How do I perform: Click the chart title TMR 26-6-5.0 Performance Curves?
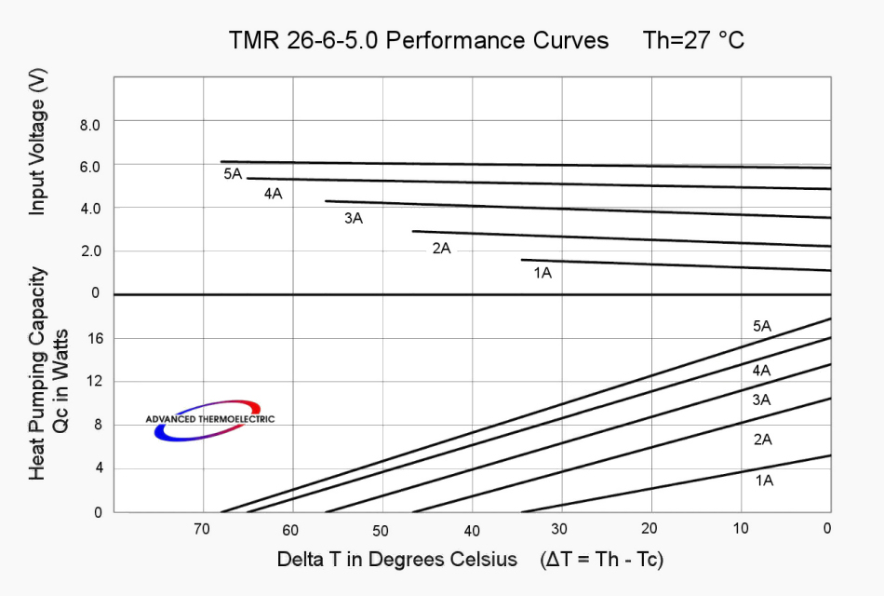(x=419, y=41)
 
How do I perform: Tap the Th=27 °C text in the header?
(x=693, y=41)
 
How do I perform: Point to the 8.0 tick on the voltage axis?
(x=75, y=123)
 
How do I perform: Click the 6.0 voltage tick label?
(x=75, y=165)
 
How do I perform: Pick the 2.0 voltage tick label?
(x=75, y=251)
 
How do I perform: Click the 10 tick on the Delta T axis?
(x=741, y=530)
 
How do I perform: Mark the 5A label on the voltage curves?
(x=233, y=174)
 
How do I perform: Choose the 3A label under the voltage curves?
(x=354, y=219)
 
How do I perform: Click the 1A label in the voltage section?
(x=542, y=273)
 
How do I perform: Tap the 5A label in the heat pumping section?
(x=762, y=326)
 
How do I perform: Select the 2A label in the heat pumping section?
(x=763, y=440)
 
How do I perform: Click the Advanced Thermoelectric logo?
(x=209, y=421)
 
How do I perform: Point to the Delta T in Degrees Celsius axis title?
(x=396, y=560)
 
